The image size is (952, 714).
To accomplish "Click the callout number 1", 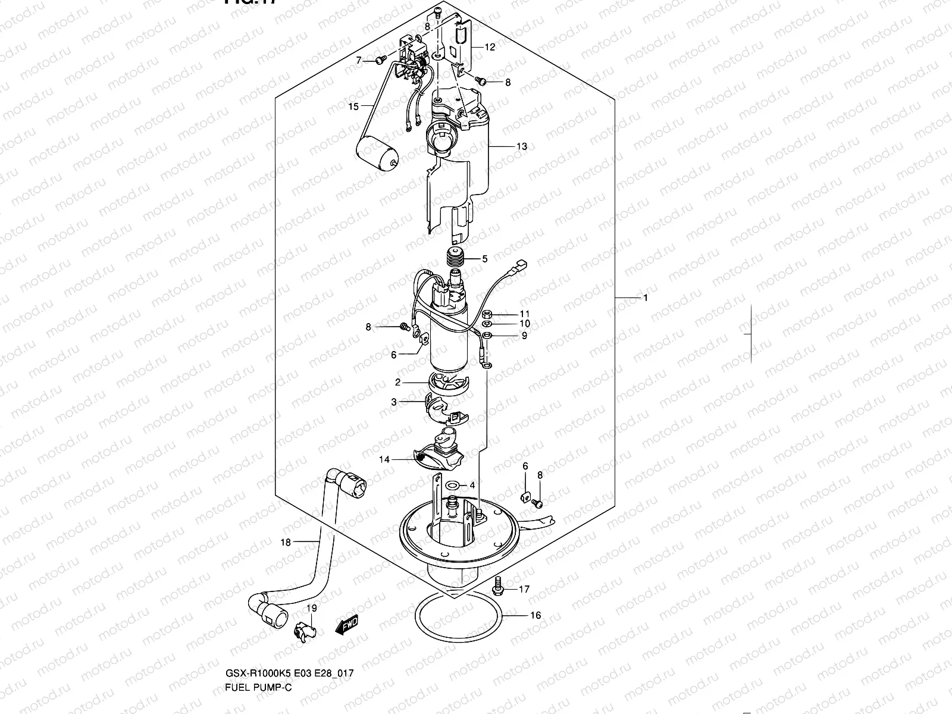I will tap(646, 297).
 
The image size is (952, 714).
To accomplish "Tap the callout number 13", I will tap(521, 146).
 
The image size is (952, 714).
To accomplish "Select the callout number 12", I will tap(490, 47).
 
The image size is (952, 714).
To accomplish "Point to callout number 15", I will tap(353, 107).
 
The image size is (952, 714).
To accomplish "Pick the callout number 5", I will tap(485, 259).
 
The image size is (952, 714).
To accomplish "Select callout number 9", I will tap(524, 336).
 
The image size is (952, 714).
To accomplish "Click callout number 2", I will tap(397, 383).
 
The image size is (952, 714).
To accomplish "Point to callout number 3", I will tap(394, 402).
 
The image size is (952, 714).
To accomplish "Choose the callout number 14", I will tap(384, 459).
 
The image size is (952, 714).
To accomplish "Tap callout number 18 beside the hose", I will tap(286, 542).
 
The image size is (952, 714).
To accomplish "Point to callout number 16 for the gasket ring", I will tap(535, 615).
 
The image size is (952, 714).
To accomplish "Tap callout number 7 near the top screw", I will tap(359, 60).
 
